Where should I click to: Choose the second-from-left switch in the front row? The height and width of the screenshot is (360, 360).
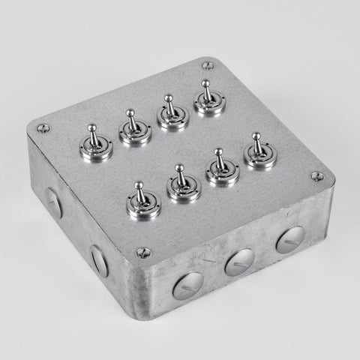pos(183,187)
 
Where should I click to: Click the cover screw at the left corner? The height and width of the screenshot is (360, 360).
pos(42,128)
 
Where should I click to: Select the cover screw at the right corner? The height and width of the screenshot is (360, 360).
pos(316,177)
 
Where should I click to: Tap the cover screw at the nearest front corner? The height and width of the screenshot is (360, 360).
pos(143,253)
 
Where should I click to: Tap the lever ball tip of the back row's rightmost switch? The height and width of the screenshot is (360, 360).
pos(205,84)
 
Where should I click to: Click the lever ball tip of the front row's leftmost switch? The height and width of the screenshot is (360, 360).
pos(139,184)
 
